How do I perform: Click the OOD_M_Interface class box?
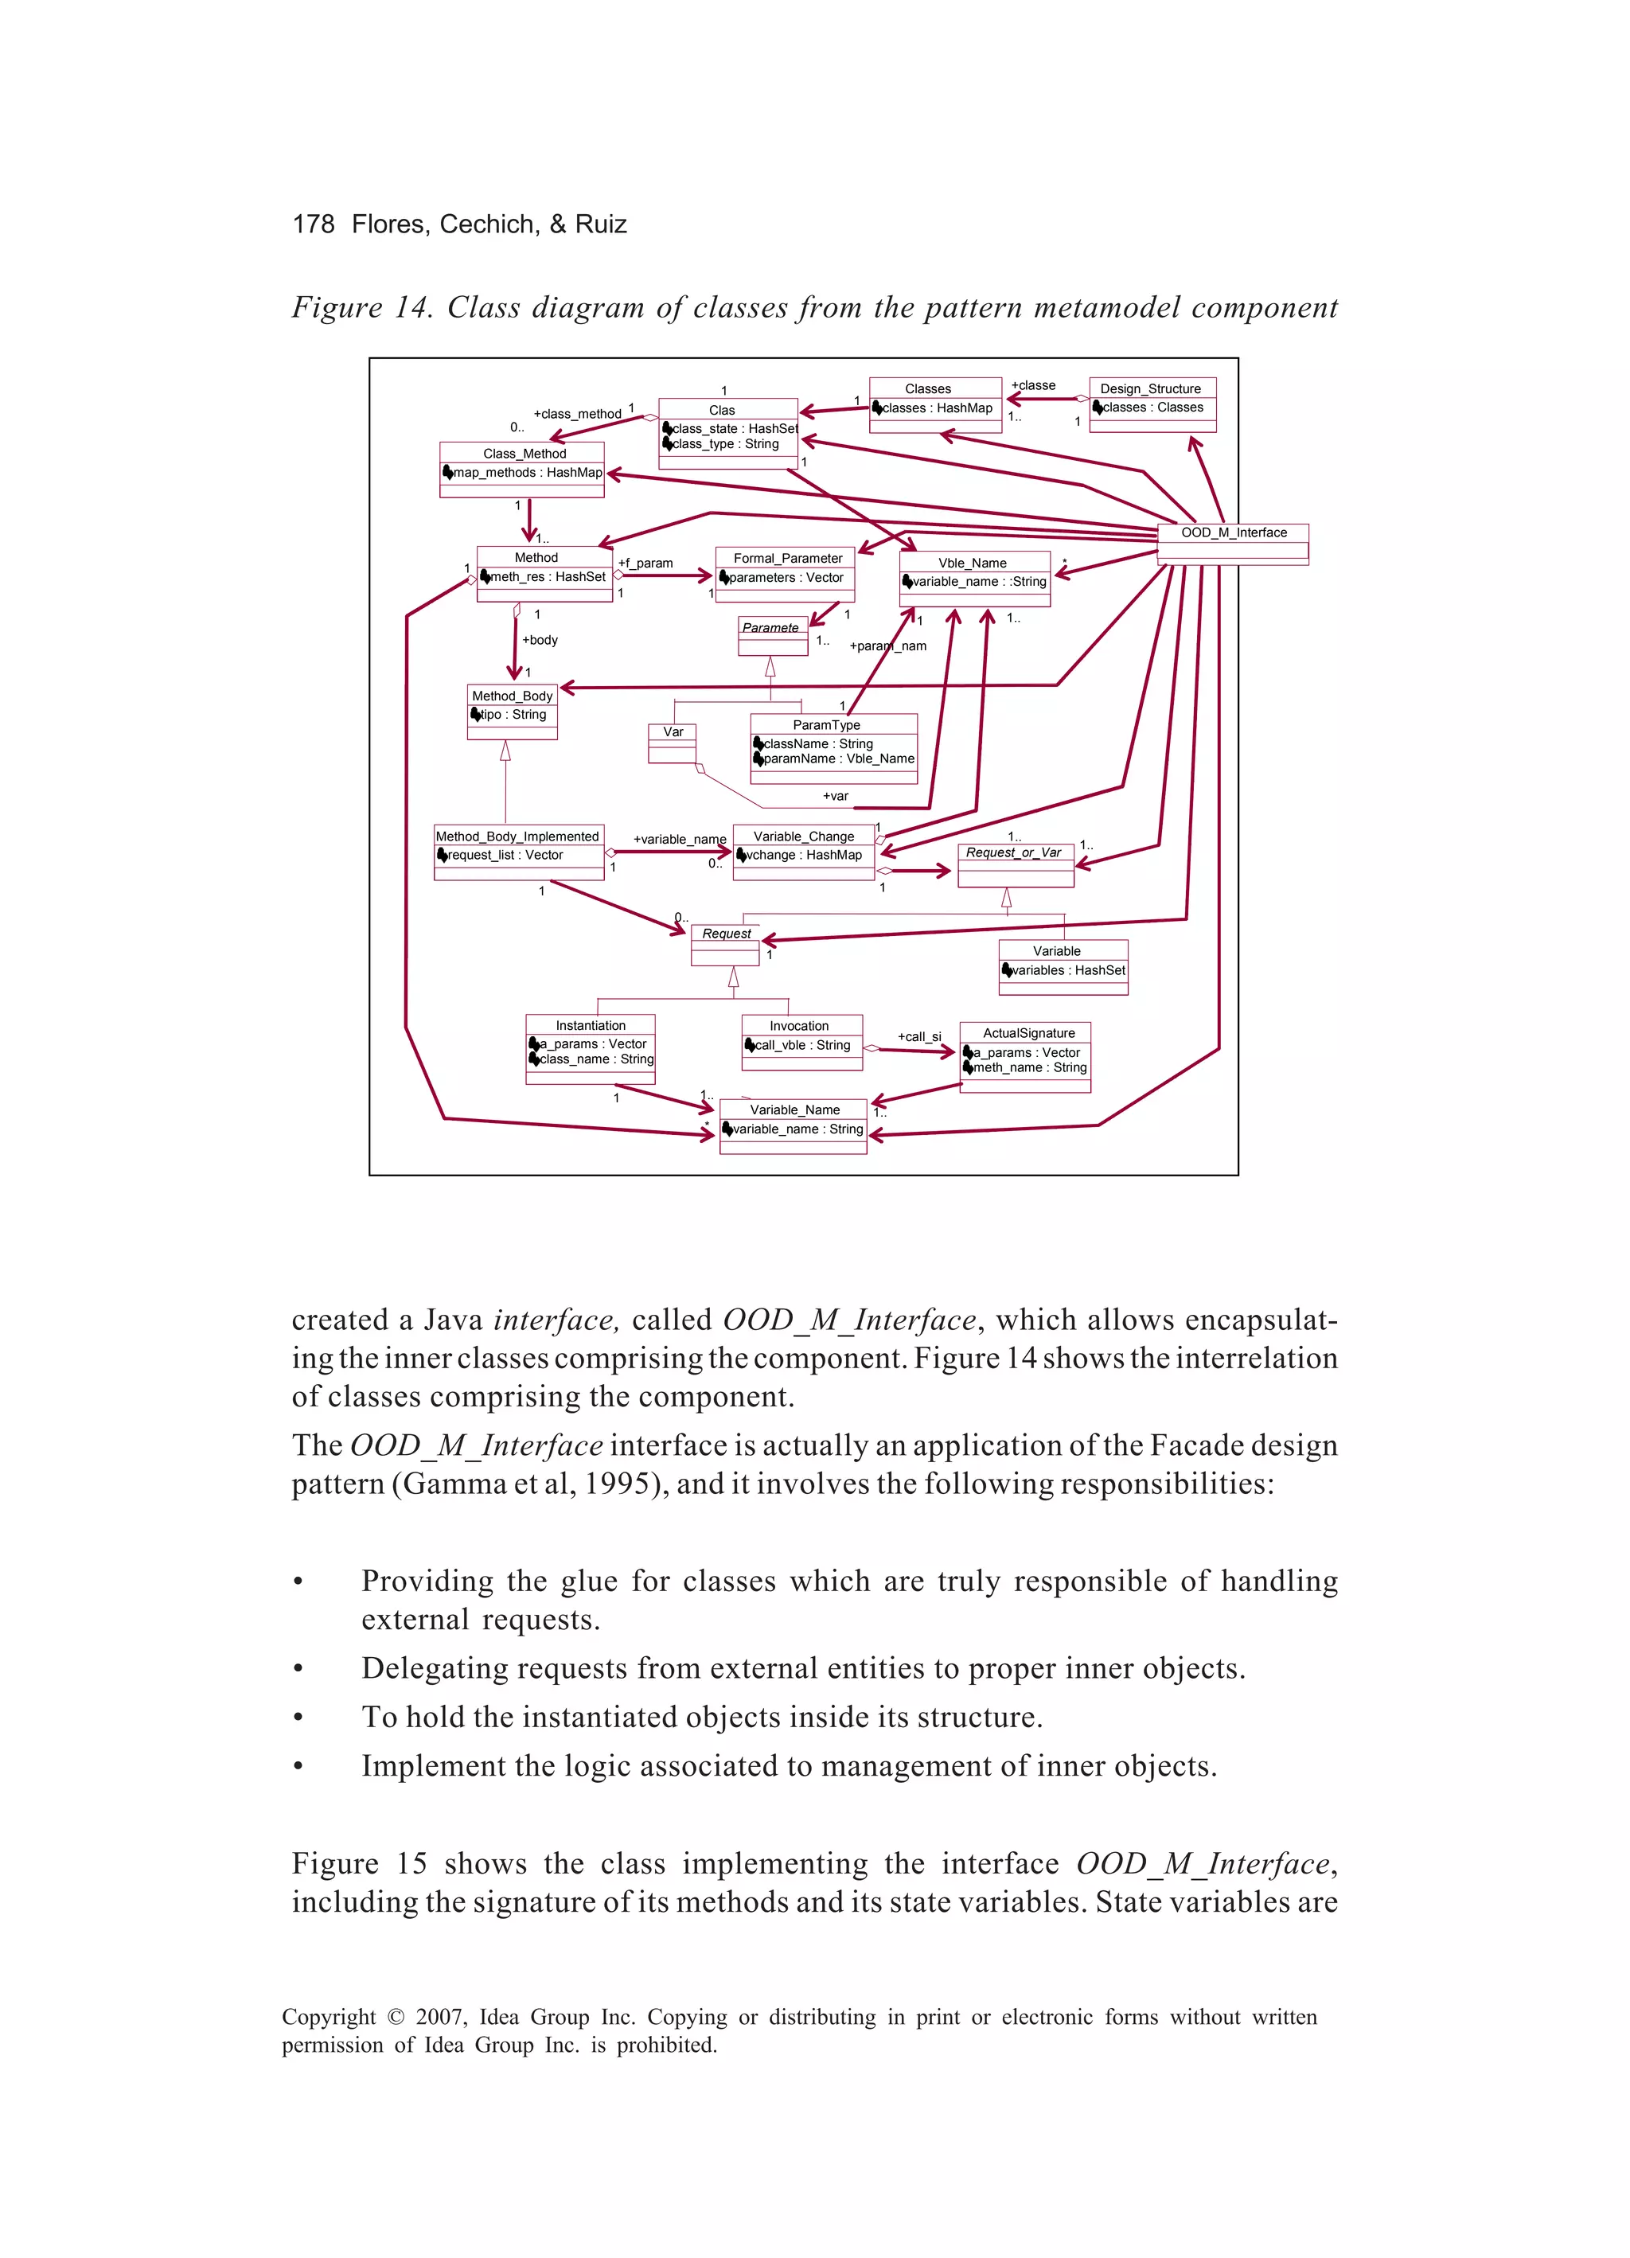[x=1233, y=544]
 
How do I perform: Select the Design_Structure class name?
[x=1150, y=388]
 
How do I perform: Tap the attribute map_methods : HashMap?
[x=527, y=473]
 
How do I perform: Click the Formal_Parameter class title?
[x=786, y=559]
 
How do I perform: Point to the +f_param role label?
[x=645, y=563]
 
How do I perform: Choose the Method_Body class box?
[x=512, y=711]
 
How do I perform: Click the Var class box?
[x=672, y=743]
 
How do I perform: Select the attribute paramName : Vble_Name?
[x=838, y=759]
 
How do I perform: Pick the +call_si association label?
[x=919, y=1036]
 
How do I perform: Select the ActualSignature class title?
[x=1028, y=1033]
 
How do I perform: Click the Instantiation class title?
[x=591, y=1025]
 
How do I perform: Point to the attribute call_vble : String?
[x=801, y=1045]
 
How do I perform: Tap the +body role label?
[x=540, y=640]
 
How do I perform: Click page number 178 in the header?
[x=314, y=224]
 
